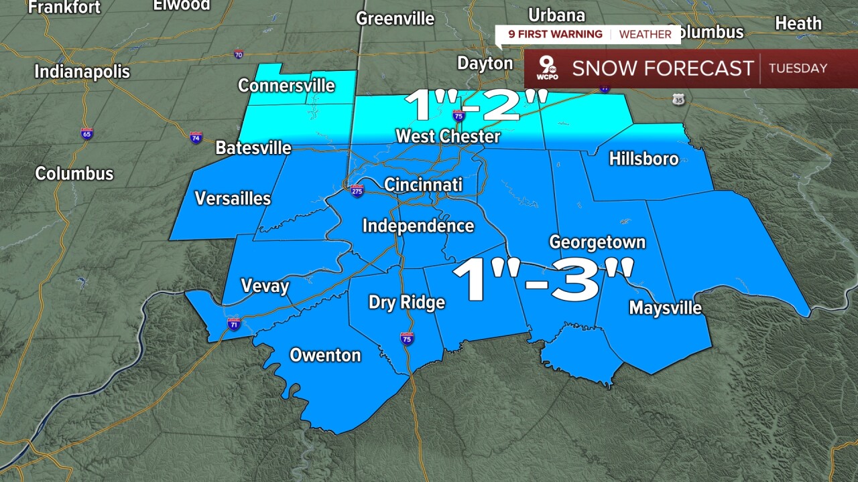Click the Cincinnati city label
(x=423, y=184)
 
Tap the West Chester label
(x=448, y=137)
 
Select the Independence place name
(x=418, y=226)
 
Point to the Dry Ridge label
(x=406, y=303)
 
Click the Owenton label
(x=325, y=355)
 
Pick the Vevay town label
(x=264, y=287)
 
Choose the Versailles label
(x=233, y=199)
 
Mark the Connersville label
(x=286, y=86)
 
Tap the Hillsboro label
(x=643, y=159)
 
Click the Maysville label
(x=665, y=308)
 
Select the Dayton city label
(x=485, y=64)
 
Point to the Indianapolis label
(x=82, y=71)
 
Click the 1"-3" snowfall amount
(x=542, y=280)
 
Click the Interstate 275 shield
(x=357, y=191)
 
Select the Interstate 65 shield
(x=87, y=133)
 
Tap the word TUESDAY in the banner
(x=798, y=68)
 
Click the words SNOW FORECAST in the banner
(x=662, y=68)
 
